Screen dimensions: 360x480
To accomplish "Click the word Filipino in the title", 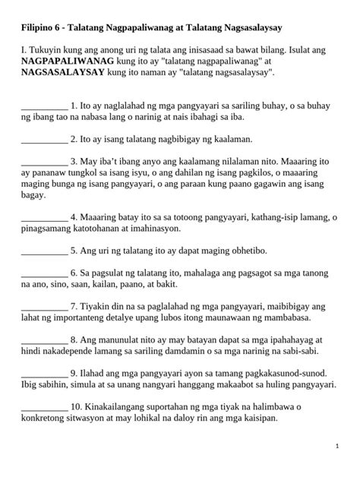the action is tap(39, 27).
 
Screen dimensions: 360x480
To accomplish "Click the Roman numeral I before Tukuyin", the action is tap(24, 47).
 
